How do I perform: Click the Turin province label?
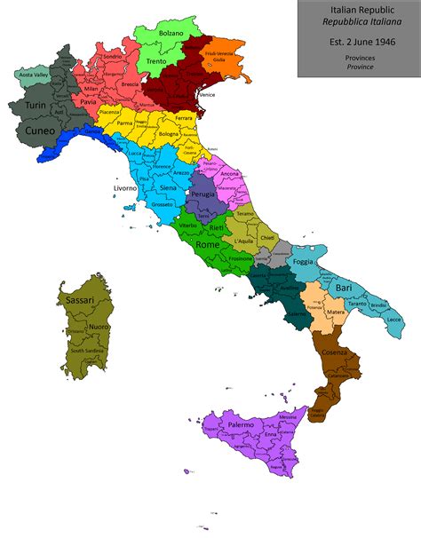point(35,106)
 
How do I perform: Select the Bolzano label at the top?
point(171,33)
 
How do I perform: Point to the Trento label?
point(155,61)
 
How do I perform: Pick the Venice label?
point(208,94)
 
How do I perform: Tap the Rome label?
point(207,244)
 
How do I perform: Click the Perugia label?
point(203,194)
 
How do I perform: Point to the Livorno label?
point(124,188)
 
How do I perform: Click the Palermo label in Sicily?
point(241,425)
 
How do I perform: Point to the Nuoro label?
point(99,327)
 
